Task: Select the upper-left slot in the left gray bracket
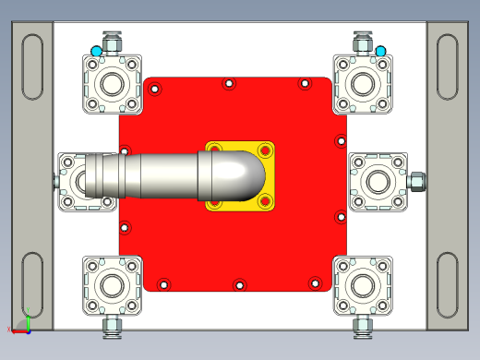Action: point(33,66)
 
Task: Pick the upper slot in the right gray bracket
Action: point(448,66)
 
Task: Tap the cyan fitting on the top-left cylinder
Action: point(97,51)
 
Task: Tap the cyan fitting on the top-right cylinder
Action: point(380,51)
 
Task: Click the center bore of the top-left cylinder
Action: point(113,84)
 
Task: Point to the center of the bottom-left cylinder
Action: point(113,285)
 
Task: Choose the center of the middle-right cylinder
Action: point(378,182)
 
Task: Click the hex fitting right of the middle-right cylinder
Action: point(417,181)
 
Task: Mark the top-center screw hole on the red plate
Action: point(230,83)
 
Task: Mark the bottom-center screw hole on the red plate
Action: point(240,285)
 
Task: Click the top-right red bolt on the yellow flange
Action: point(265,150)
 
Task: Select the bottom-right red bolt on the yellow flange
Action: point(265,200)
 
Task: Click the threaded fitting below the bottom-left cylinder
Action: point(113,324)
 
